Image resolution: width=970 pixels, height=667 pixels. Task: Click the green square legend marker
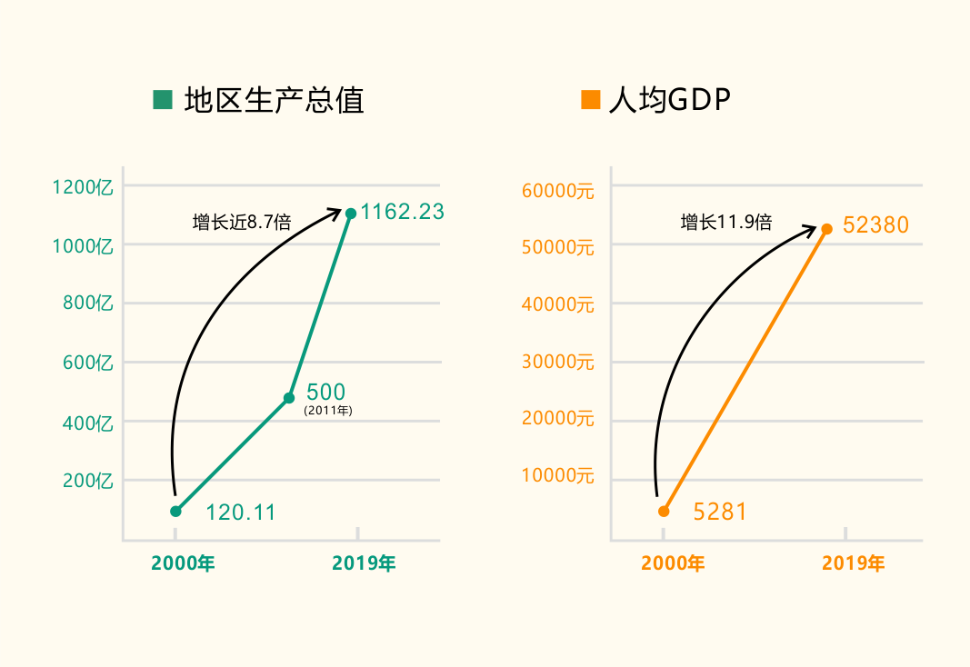[163, 100]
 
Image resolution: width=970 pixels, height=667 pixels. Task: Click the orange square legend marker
[590, 100]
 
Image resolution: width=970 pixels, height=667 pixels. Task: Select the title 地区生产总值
[274, 100]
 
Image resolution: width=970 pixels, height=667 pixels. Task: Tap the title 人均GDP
[670, 100]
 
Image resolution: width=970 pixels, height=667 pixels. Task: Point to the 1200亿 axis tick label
[83, 187]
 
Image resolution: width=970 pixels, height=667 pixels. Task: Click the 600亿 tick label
[88, 363]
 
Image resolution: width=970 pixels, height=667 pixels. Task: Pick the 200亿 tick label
[88, 481]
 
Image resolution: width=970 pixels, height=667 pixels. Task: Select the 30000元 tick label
[557, 362]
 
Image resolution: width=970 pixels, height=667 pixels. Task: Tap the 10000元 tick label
[557, 475]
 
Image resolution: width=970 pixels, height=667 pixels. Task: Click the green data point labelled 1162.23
[351, 214]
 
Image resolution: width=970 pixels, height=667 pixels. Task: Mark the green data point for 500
[289, 398]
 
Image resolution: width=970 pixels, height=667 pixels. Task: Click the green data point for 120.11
[175, 511]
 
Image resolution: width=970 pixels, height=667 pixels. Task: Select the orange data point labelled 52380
[827, 229]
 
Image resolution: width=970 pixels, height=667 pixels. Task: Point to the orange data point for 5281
[664, 512]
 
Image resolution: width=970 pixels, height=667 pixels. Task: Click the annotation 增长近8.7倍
[242, 222]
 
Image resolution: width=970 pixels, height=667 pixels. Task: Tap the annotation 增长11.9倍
[726, 222]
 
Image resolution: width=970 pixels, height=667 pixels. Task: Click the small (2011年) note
[327, 411]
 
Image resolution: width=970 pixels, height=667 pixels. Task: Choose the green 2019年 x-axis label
[364, 563]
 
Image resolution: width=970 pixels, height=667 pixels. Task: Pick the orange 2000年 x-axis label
[673, 563]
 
